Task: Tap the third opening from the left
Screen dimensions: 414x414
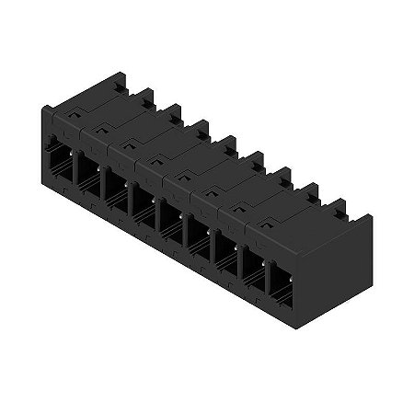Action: (x=114, y=186)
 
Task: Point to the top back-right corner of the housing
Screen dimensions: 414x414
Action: (x=374, y=216)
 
